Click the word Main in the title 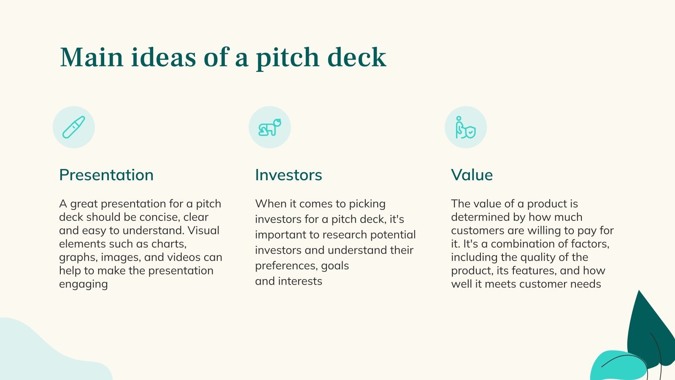click(x=92, y=57)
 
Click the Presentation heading click(x=106, y=175)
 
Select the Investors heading click(x=289, y=175)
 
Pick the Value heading click(x=472, y=175)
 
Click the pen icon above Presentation click(x=74, y=127)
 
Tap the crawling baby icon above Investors click(x=270, y=127)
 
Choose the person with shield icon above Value click(x=466, y=127)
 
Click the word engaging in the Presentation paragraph click(x=84, y=284)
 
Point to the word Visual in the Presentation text click(x=203, y=231)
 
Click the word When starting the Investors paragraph click(x=270, y=204)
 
